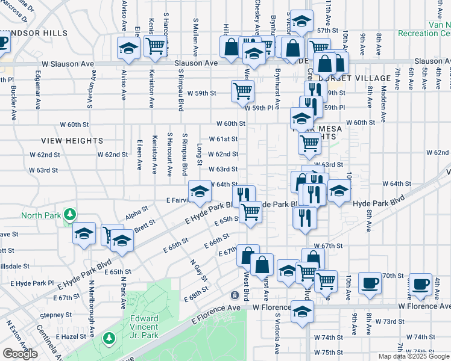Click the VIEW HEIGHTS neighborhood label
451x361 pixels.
tap(72, 140)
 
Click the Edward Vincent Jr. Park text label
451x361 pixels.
tap(145, 324)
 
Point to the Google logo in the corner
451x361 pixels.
tap(20, 354)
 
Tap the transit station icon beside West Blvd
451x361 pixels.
tap(235, 295)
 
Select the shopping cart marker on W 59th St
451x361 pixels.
tap(242, 91)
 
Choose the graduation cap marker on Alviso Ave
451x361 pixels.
tap(128, 48)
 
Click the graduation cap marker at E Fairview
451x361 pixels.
tap(200, 192)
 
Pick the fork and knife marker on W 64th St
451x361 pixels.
tap(242, 194)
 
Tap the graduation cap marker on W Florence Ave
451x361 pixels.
tap(302, 311)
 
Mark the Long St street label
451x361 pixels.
tap(200, 154)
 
